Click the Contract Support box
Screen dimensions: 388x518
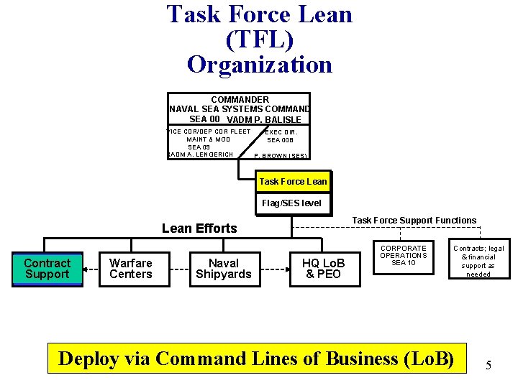[47, 269]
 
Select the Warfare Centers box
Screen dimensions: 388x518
[130, 269]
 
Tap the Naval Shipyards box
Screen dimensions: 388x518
[224, 269]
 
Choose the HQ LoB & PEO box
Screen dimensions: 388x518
[323, 269]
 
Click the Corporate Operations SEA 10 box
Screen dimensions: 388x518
[404, 256]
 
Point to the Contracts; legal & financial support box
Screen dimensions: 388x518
[478, 261]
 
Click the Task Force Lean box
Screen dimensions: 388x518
[293, 182]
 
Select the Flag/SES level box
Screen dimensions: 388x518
[291, 203]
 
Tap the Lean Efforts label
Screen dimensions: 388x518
[199, 228]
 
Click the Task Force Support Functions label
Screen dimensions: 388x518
[414, 221]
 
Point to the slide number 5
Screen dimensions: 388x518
[489, 365]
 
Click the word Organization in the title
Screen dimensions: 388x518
[260, 65]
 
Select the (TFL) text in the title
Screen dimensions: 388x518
[260, 40]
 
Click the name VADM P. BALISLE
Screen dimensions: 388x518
[263, 120]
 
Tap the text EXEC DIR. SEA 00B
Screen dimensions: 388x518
[281, 136]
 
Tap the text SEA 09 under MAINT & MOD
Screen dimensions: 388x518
[199, 147]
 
